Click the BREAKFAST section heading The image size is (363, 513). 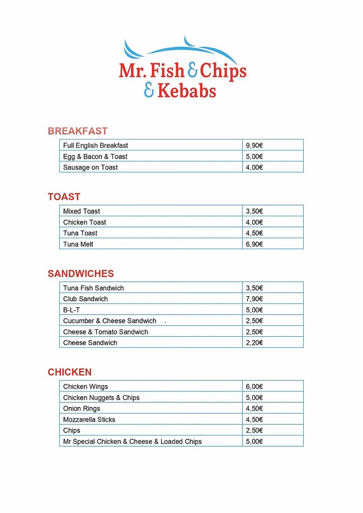click(77, 131)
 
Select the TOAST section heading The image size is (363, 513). click(64, 196)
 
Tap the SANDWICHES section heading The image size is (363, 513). click(81, 273)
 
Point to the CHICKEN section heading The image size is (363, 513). click(70, 372)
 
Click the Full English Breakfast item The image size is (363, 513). click(96, 146)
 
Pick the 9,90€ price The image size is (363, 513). click(254, 146)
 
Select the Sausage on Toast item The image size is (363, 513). click(90, 167)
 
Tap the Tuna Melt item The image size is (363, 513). click(79, 244)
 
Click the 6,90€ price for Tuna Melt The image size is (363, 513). click(254, 244)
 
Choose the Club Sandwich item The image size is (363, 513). click(86, 299)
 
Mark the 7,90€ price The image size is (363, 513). click(254, 299)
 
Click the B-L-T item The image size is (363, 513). click(72, 310)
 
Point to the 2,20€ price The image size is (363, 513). click(254, 343)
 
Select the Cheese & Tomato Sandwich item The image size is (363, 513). click(106, 332)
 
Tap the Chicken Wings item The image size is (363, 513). click(86, 387)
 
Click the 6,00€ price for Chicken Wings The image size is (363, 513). click(254, 387)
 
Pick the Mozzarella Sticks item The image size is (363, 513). click(89, 419)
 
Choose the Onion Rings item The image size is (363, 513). click(82, 409)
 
